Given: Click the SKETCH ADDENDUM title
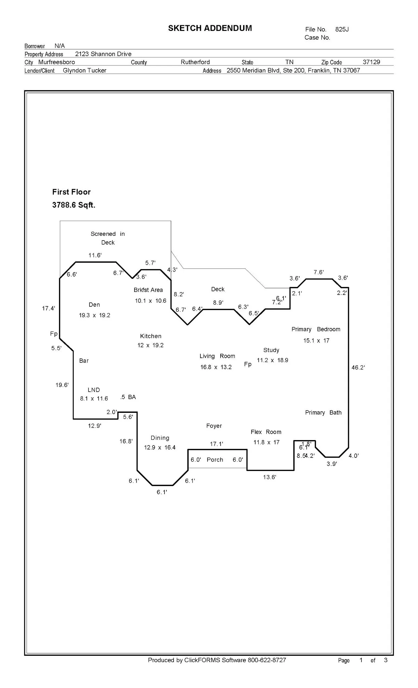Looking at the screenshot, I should [210, 28].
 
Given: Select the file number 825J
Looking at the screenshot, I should [342, 30].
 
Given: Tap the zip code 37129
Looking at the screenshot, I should [371, 62].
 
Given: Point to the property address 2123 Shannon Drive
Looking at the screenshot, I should [103, 54].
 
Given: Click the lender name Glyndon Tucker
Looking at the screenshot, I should [84, 71].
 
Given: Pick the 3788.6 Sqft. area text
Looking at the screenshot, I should [74, 205].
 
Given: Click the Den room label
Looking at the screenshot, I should [94, 305].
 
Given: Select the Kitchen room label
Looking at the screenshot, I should [151, 336].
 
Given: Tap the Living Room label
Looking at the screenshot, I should [217, 356].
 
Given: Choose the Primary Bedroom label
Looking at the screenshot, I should [316, 329].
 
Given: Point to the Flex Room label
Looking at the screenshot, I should [266, 432].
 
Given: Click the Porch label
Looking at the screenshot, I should [215, 460].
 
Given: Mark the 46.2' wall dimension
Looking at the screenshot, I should [358, 368].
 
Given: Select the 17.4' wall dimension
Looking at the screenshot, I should [48, 308].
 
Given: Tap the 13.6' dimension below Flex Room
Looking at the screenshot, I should [269, 477].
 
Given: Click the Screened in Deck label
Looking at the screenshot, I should [108, 238].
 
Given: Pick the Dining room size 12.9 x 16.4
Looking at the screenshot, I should [160, 447].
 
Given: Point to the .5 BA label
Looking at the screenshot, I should [128, 397].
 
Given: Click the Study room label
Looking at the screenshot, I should [271, 350].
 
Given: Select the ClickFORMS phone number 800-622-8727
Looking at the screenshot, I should [267, 660].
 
